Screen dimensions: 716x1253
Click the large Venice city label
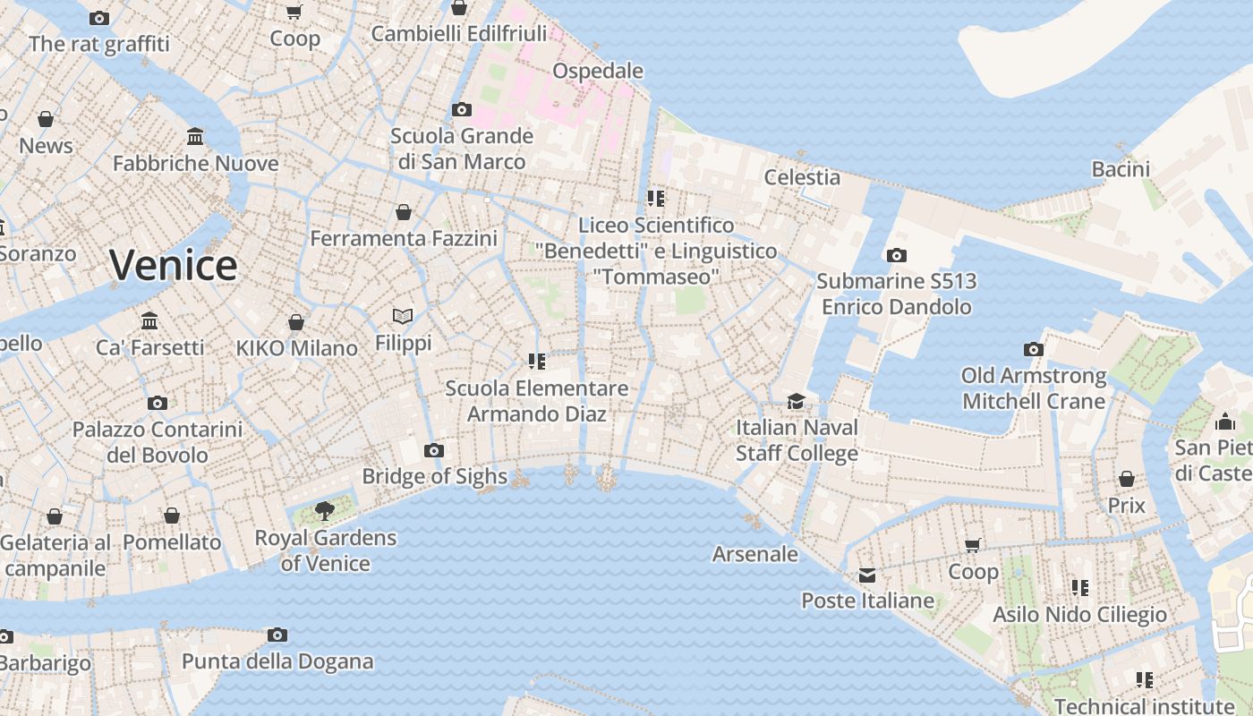pos(173,265)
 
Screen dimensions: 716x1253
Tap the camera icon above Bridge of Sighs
pos(434,450)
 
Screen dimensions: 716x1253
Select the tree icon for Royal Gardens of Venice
pos(325,511)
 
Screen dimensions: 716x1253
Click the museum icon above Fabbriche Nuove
pos(195,137)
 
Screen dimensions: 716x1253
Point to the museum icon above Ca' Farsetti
pos(149,320)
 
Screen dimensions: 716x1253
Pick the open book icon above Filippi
pos(403,316)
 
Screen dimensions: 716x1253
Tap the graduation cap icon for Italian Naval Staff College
pos(796,400)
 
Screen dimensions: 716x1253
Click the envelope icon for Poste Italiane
pos(866,575)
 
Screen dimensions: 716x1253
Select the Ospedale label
pos(598,71)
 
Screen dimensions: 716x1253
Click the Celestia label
pos(802,177)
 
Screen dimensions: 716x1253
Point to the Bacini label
pos(1121,169)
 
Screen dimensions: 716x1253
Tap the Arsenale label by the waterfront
pos(754,554)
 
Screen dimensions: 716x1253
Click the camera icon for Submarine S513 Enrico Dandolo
pos(896,255)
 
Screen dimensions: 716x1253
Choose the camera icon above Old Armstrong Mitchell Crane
pos(1034,349)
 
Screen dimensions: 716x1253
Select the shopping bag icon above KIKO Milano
pos(296,322)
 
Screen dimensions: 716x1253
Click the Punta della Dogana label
pos(277,662)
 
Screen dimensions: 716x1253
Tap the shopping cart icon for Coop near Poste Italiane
pos(973,545)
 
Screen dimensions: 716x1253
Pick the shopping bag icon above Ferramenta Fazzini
pos(404,212)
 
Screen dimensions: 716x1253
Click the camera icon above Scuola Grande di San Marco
pos(462,110)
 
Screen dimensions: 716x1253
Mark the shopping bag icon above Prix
pos(1126,479)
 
